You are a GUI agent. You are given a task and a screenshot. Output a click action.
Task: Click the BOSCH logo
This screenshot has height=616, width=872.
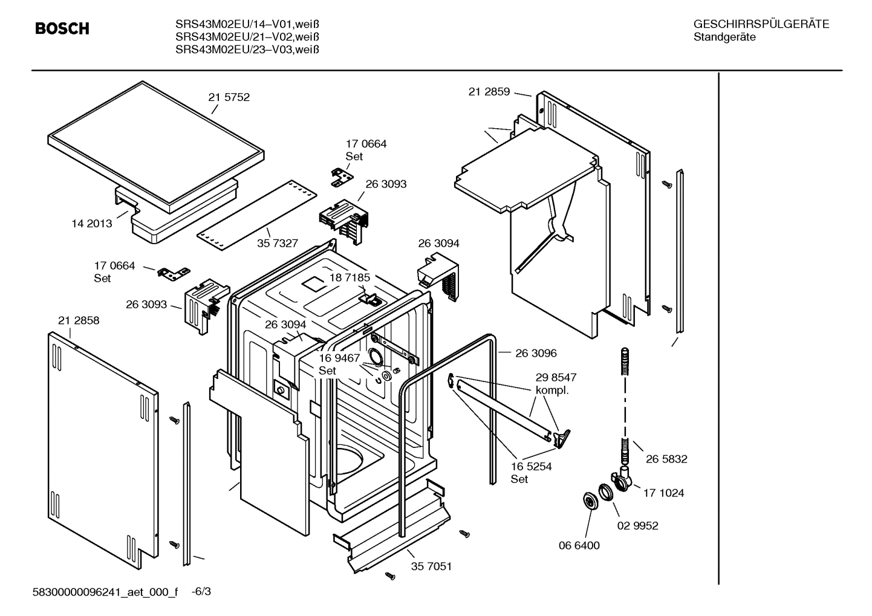click(62, 28)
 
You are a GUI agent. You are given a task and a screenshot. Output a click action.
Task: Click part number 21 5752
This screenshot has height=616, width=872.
click(229, 97)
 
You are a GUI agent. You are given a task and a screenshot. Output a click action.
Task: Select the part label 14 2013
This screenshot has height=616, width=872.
click(92, 224)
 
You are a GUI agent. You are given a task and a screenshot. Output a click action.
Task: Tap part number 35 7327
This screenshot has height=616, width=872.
click(278, 244)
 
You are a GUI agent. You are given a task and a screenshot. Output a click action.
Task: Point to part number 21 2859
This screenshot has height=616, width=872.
click(489, 92)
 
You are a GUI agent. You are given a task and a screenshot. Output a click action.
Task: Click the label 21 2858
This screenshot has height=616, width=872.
click(79, 320)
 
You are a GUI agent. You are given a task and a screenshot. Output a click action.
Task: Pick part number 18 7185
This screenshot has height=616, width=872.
click(349, 277)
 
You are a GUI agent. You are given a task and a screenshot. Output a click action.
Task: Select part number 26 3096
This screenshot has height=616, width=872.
click(536, 353)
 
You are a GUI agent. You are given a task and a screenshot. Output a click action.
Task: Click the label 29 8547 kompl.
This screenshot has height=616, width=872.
click(555, 383)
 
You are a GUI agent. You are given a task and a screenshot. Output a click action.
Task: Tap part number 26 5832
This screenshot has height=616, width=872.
click(666, 459)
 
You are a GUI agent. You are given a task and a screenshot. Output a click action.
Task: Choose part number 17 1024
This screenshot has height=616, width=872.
click(663, 493)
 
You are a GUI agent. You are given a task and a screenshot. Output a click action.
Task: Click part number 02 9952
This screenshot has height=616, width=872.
click(637, 526)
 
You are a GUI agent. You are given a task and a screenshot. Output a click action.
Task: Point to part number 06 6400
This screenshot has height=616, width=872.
click(579, 546)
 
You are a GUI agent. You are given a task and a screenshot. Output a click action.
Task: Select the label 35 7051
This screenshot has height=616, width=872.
click(431, 566)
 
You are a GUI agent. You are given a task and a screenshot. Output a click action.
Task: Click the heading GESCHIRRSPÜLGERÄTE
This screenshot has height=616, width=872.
click(761, 24)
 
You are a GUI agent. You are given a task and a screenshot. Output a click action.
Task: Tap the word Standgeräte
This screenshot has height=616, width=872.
click(724, 37)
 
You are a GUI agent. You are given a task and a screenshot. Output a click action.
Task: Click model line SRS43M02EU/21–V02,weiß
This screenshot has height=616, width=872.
click(247, 37)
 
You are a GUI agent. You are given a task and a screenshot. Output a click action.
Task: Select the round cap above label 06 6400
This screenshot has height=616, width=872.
click(588, 501)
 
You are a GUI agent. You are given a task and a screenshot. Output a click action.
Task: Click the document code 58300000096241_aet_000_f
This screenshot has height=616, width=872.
click(105, 592)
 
